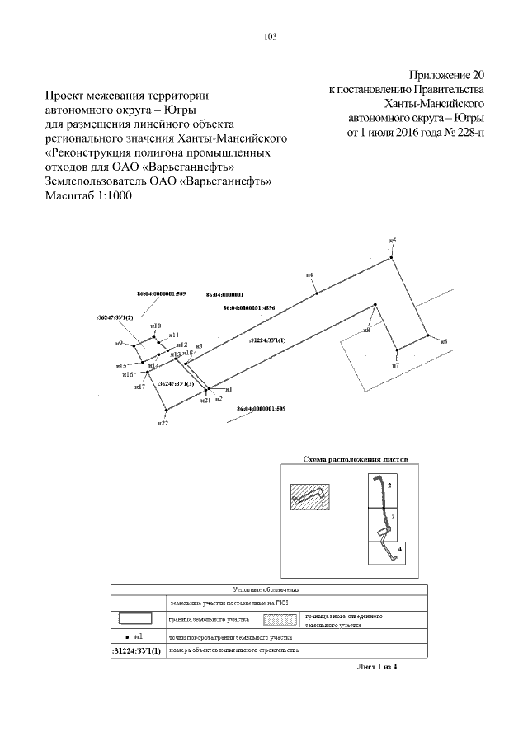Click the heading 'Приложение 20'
click(446, 73)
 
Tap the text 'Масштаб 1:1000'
click(87, 196)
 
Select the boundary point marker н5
click(394, 246)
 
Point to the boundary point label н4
click(309, 274)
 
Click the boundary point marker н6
click(428, 335)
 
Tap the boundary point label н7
click(396, 364)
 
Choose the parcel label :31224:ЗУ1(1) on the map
click(266, 340)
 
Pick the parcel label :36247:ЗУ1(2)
click(115, 317)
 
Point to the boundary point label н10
click(156, 326)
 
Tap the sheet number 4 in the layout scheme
click(400, 547)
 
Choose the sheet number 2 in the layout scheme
click(389, 487)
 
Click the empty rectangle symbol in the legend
click(138, 618)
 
